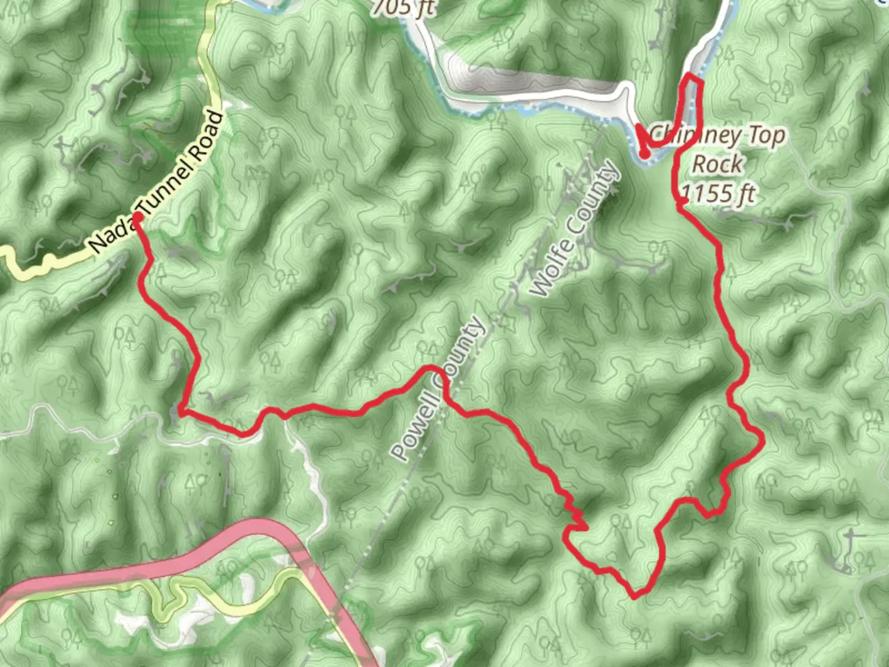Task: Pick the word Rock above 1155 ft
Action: [x=717, y=164]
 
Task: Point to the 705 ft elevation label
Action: [x=404, y=7]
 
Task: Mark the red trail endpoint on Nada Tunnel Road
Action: [x=137, y=217]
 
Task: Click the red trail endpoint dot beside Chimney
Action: [x=644, y=154]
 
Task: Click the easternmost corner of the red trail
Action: [x=764, y=440]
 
